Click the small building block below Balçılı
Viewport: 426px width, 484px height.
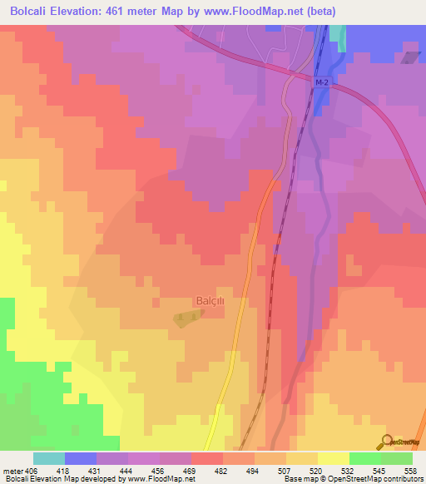coord(187,318)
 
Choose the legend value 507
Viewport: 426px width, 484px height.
coord(286,470)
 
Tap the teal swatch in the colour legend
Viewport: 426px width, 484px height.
coord(49,458)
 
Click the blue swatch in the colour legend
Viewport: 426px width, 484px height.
coord(81,458)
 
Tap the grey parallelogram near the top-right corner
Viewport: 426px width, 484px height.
coord(411,57)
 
